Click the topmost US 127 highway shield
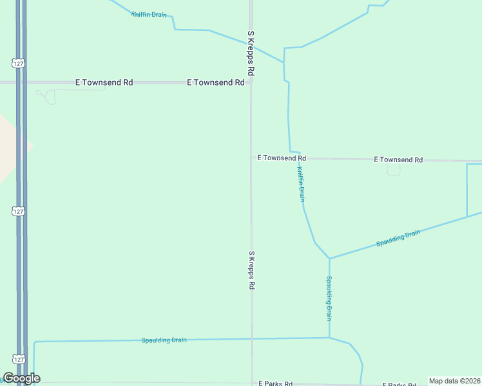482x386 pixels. [17, 62]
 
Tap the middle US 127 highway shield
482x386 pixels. [17, 211]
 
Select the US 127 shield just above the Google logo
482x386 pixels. [17, 359]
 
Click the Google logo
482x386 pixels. [21, 378]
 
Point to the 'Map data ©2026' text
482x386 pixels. [454, 381]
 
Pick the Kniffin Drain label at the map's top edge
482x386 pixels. [149, 14]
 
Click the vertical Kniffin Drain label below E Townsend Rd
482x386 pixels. [300, 185]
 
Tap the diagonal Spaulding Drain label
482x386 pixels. [398, 238]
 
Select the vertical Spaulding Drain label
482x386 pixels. [329, 299]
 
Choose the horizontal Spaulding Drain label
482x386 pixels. [164, 340]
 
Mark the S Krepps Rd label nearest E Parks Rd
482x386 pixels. [252, 270]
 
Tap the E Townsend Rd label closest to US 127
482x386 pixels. [104, 82]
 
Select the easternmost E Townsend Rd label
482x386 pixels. [398, 160]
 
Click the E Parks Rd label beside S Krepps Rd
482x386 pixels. [276, 383]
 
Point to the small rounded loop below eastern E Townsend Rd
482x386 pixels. [393, 170]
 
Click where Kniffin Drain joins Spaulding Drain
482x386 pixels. [329, 259]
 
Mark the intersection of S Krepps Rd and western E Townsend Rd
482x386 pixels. [251, 82]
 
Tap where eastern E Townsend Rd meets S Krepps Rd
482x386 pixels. [251, 158]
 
